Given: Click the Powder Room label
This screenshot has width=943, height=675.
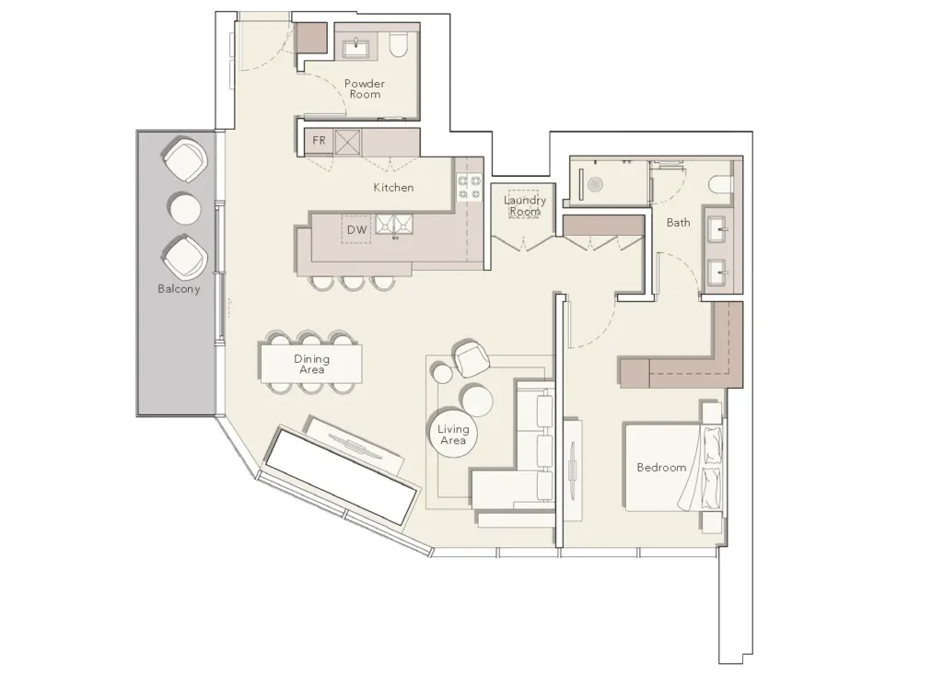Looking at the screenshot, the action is pos(365,89).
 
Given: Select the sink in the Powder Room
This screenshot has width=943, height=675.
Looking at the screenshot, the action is pos(357,46).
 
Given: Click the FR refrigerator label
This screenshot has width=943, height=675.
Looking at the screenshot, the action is pos(319,140).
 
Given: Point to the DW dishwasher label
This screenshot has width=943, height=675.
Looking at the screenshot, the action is pos(356,229).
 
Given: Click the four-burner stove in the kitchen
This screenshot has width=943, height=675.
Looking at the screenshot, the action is pos(469,187).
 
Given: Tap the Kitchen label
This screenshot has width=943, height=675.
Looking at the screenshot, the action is pos(393,188).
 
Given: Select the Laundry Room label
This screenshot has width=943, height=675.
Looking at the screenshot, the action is pos(524,205).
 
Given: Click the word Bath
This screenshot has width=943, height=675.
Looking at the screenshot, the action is pos(679,223).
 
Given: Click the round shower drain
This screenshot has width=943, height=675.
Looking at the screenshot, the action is pos(596,184).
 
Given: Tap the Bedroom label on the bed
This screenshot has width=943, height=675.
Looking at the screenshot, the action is pos(661,468).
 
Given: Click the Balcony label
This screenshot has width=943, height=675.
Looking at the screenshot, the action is pos(179,289).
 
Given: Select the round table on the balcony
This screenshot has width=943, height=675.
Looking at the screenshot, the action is pos(185,209).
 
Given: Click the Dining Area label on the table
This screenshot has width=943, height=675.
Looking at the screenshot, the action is pos(311,364).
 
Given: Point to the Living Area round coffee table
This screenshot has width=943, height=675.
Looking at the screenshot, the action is pos(453,433).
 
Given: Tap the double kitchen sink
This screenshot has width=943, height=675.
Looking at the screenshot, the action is pos(394,224).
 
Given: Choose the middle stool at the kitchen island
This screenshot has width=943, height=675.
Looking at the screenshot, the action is pos(349,282).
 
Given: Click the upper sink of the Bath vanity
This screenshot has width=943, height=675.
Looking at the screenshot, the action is pos(716,228).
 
